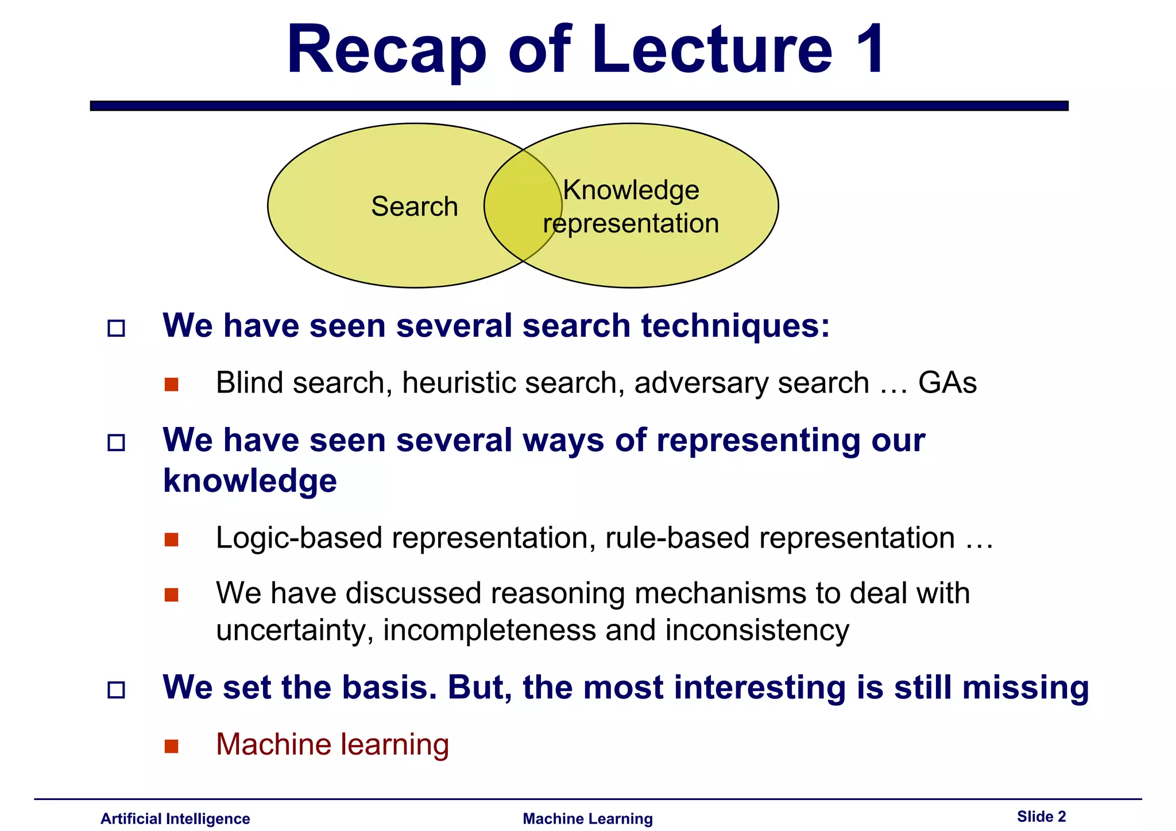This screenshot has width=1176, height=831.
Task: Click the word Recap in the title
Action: (x=386, y=52)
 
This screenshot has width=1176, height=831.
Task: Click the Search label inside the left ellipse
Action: (x=415, y=207)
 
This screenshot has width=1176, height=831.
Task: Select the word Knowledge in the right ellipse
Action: (x=631, y=190)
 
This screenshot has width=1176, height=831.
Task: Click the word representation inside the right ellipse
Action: (x=631, y=223)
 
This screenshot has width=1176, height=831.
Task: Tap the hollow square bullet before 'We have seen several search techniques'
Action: (x=117, y=328)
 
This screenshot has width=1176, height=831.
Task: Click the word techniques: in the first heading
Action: (x=736, y=326)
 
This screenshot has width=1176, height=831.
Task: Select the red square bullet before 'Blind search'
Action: (x=171, y=384)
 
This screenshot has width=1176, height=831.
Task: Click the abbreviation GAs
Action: (x=947, y=383)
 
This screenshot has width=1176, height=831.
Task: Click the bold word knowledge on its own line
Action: (x=250, y=481)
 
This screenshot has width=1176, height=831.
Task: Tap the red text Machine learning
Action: (x=332, y=745)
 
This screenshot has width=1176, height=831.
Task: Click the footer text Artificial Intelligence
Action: (x=175, y=818)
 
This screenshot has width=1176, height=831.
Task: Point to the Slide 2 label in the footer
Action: (x=1041, y=816)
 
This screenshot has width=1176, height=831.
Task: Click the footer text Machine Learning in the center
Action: (x=587, y=818)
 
